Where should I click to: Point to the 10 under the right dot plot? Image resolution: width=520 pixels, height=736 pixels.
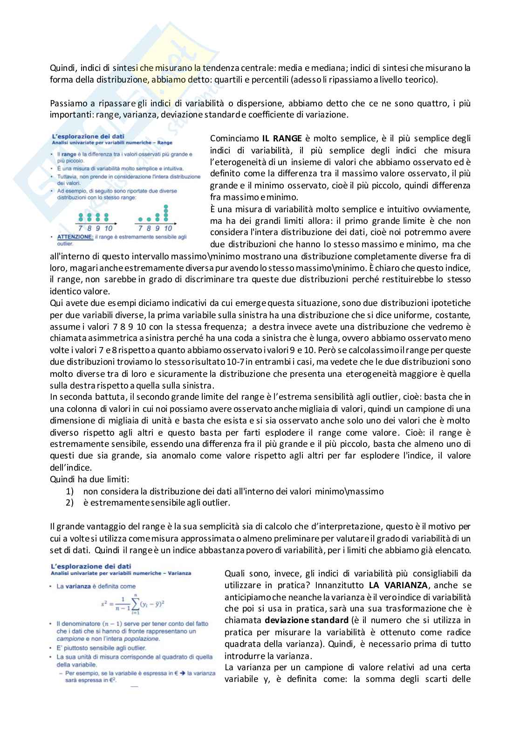(x=168, y=228)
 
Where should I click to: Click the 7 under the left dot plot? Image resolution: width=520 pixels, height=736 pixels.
(x=81, y=228)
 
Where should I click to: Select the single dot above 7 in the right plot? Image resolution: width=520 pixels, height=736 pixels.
(x=140, y=218)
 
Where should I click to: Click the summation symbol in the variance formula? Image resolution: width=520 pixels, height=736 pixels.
(x=134, y=604)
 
